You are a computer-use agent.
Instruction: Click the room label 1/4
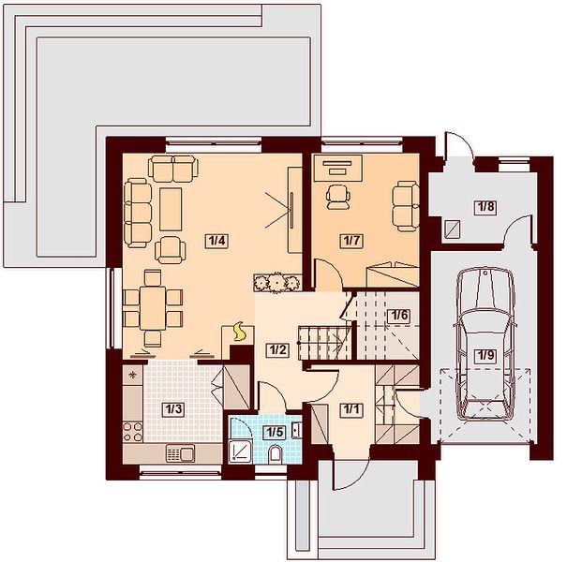pos(217,241)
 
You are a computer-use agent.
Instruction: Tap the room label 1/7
pos(351,241)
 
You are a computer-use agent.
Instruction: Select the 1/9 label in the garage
pos(485,356)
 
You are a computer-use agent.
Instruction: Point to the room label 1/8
pos(486,206)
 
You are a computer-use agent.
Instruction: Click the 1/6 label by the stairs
pos(400,316)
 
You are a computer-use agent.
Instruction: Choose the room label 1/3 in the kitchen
pos(173,409)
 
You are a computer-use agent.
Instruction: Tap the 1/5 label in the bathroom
pos(275,432)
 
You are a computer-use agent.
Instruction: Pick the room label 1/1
pos(351,409)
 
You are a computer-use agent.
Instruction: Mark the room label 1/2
pos(277,349)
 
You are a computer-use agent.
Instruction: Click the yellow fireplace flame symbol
pos(238,332)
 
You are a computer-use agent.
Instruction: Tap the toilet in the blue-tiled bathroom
pos(275,455)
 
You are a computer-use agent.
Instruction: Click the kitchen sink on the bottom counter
pos(180,453)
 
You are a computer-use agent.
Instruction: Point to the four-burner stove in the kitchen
pos(132,432)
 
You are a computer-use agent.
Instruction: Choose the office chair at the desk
pos(337,198)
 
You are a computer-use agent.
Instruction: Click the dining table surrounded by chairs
pos(153,308)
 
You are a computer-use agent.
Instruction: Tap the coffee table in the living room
pos(171,209)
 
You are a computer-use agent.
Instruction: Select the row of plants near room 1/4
pos(276,283)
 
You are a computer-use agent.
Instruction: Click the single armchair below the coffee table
pos(171,250)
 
